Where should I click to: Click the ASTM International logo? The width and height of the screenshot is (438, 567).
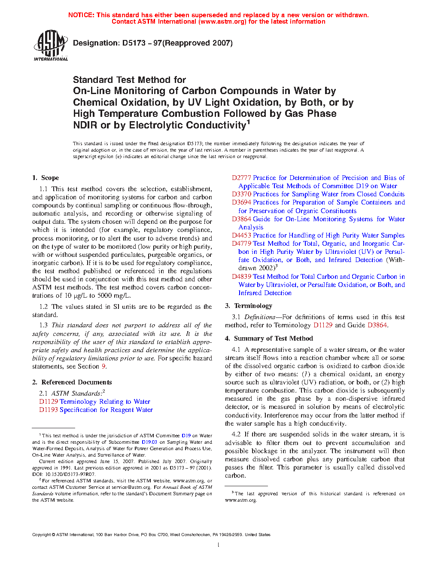click(x=50, y=45)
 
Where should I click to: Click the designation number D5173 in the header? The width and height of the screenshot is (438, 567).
click(x=134, y=43)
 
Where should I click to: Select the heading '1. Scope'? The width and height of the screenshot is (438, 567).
click(x=46, y=178)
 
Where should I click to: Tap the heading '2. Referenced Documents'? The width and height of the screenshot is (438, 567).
click(x=72, y=382)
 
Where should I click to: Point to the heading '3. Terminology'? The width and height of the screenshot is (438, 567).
click(x=248, y=306)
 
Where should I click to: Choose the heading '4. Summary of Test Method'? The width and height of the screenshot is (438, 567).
click(x=269, y=338)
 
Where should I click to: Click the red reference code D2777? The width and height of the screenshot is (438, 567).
click(x=241, y=178)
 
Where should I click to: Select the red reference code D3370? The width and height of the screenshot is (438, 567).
click(x=241, y=194)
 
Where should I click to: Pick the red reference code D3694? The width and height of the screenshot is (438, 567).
click(x=241, y=202)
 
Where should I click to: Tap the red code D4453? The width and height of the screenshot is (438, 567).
click(x=241, y=235)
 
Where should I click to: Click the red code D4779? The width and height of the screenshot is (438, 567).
click(x=241, y=244)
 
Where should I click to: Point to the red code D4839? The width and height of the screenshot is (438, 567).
click(x=241, y=277)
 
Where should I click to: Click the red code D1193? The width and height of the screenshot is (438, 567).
click(x=49, y=410)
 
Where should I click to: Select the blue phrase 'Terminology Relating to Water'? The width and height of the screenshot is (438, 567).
click(x=105, y=402)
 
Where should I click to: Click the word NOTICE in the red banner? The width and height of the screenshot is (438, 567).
click(x=81, y=15)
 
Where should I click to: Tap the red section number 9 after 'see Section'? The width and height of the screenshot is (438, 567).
click(x=103, y=366)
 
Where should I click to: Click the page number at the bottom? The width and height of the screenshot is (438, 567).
click(x=219, y=545)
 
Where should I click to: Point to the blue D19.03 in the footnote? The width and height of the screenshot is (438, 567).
click(x=149, y=442)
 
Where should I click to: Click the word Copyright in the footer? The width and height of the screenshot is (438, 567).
click(x=41, y=535)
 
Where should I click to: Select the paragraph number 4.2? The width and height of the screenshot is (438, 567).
click(x=236, y=435)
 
